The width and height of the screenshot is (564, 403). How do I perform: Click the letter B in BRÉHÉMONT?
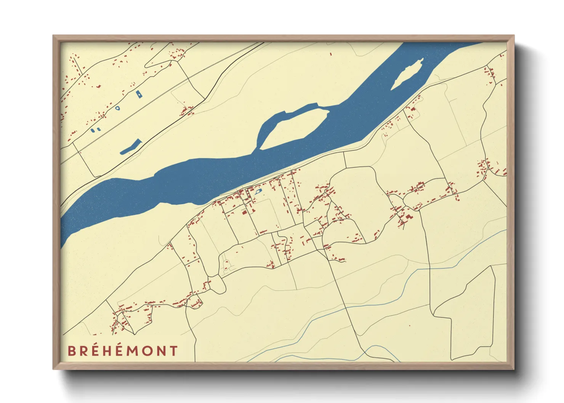pos(72,351)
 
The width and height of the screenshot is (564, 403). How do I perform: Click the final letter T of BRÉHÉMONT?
pos(174,351)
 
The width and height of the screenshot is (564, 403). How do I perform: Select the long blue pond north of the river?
pos(131,147)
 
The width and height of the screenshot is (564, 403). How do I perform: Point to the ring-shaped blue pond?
pos(117,108)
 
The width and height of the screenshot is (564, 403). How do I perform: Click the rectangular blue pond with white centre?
pos(139,94)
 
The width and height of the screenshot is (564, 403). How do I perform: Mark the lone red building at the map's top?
pos(330,54)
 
